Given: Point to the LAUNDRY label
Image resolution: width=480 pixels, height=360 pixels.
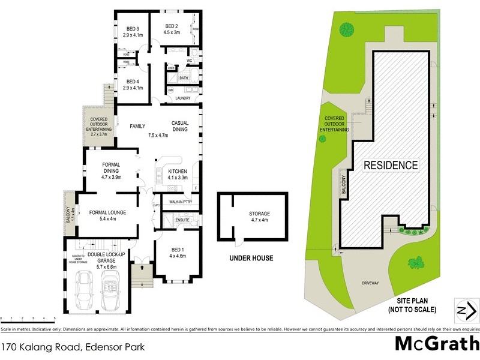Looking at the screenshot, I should click(x=182, y=98).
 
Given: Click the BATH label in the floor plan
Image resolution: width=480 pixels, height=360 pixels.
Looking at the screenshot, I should click(x=183, y=77).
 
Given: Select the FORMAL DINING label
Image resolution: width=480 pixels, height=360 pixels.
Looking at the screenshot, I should click(x=111, y=171).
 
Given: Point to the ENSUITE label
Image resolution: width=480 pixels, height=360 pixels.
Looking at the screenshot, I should click(x=182, y=220).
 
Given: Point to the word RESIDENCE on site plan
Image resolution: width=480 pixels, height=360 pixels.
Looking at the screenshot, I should click(x=390, y=165).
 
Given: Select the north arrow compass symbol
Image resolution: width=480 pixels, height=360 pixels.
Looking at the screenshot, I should click(x=466, y=310).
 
